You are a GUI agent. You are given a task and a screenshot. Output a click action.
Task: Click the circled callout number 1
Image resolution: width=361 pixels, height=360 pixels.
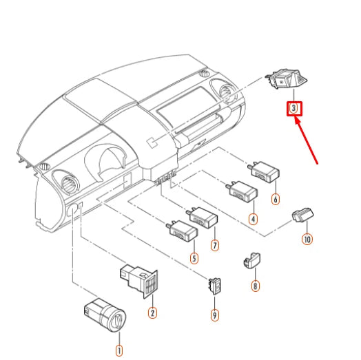click(118, 339)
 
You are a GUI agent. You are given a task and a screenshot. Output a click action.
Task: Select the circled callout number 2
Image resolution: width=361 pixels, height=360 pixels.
click(152, 313)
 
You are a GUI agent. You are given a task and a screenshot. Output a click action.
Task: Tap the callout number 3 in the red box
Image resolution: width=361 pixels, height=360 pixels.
click(294, 108)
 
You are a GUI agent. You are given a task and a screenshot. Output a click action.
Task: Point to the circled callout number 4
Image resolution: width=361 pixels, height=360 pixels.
click(253, 219)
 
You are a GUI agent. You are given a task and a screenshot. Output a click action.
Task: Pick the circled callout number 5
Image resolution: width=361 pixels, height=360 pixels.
click(194, 259)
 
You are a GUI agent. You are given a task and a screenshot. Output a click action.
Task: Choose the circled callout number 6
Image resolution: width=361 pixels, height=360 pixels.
click(276, 200)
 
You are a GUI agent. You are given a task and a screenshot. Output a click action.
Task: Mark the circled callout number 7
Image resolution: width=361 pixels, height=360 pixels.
click(215, 244)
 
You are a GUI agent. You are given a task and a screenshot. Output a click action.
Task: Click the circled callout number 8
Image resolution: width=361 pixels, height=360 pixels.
click(256, 285)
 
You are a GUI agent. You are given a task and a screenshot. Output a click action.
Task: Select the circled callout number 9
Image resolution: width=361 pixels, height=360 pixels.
click(215, 315)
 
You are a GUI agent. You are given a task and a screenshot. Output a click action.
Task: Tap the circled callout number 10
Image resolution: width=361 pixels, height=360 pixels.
click(307, 240)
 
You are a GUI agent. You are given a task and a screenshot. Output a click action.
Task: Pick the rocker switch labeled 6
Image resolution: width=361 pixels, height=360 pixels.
click(264, 171)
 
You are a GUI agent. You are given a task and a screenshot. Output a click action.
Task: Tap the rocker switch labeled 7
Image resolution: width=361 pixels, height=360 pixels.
click(202, 218)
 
